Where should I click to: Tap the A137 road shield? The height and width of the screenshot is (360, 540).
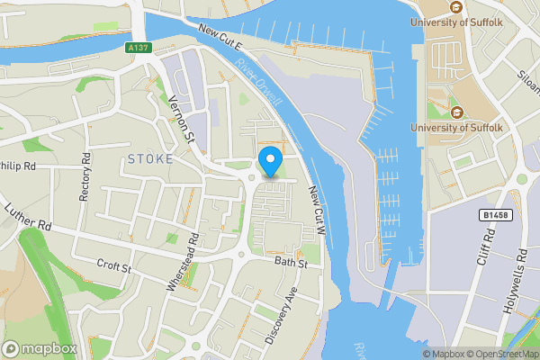138,48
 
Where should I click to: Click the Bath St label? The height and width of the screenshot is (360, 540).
292,264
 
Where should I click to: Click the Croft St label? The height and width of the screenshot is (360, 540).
114,267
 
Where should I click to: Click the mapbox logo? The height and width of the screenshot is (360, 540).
40,348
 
